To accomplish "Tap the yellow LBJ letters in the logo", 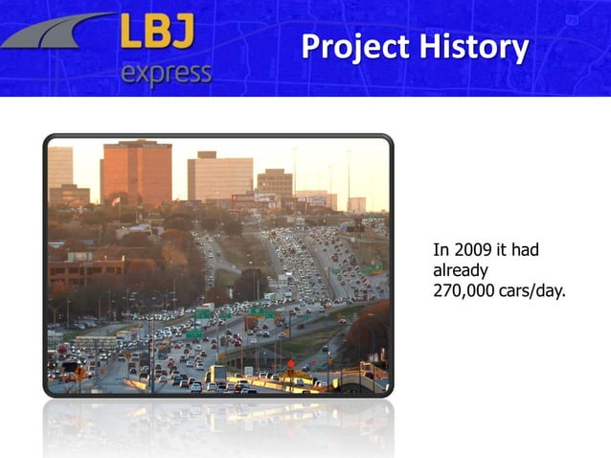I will pyautogui.click(x=158, y=34).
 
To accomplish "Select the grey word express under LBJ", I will pyautogui.click(x=167, y=73).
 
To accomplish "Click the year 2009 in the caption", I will pyautogui.click(x=473, y=250).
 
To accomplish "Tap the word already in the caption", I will pyautogui.click(x=462, y=270).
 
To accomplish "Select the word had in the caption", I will pyautogui.click(x=525, y=250).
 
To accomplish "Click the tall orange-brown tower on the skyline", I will pyautogui.click(x=136, y=172).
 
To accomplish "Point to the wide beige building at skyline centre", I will pyautogui.click(x=219, y=176).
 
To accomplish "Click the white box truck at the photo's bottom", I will pyautogui.click(x=218, y=373).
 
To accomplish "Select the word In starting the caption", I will pyautogui.click(x=441, y=250).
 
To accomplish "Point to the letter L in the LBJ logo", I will pyautogui.click(x=131, y=34).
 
